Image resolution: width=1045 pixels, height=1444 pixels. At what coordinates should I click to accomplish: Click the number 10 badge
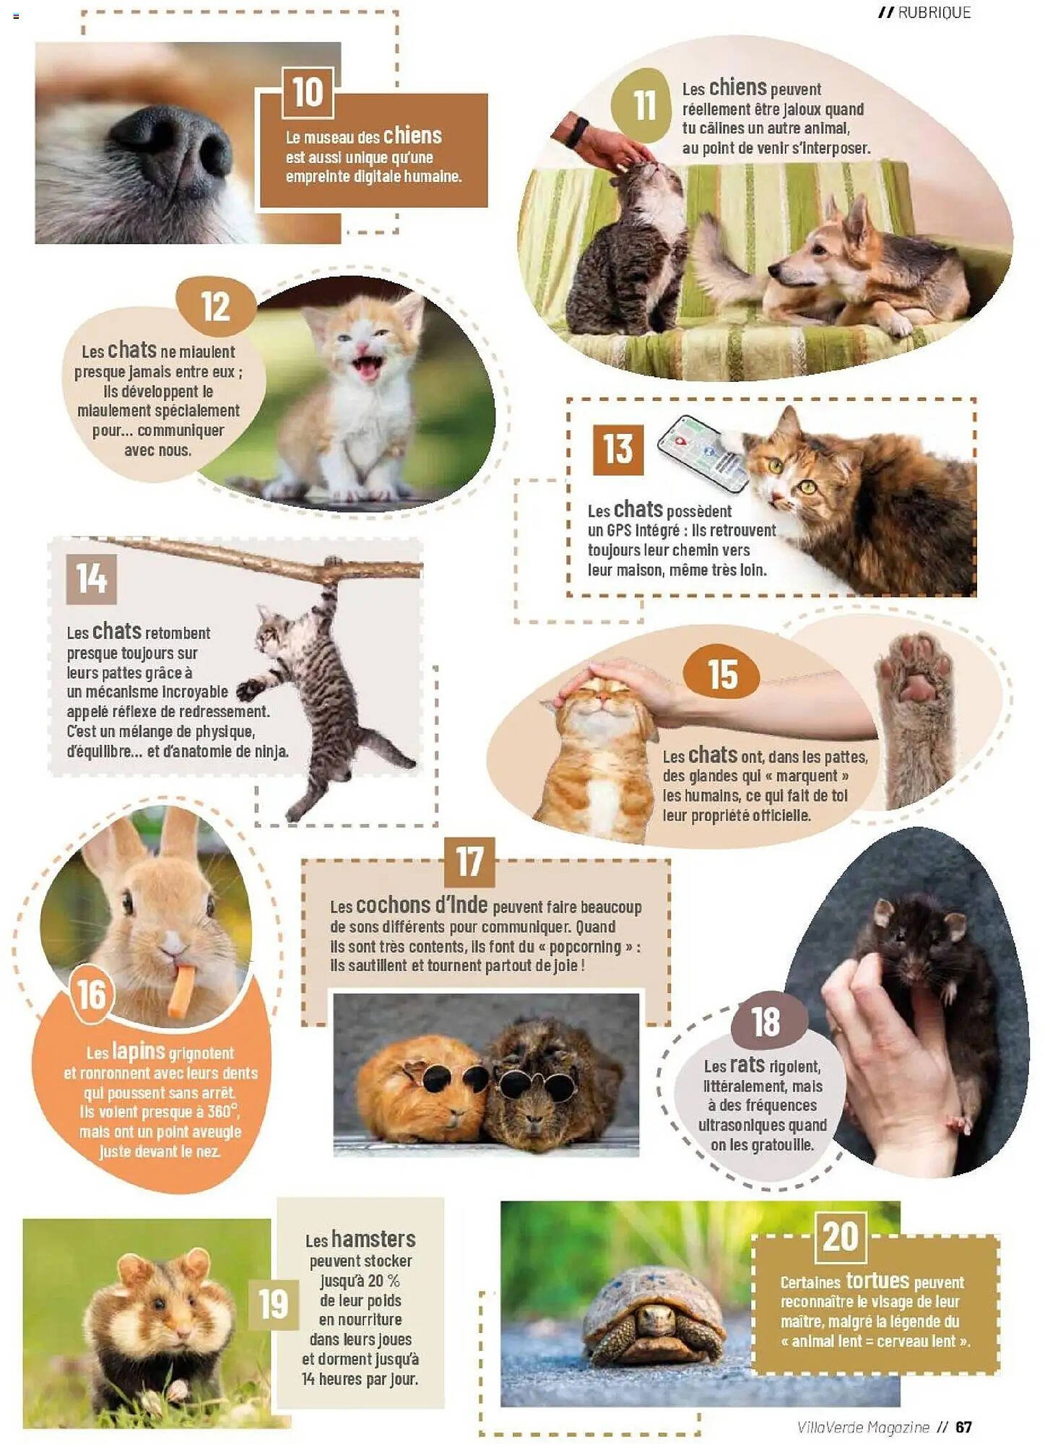[308, 93]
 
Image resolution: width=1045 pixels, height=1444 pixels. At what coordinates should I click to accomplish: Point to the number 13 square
[618, 449]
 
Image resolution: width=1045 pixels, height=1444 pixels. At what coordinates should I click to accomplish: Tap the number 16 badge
[92, 995]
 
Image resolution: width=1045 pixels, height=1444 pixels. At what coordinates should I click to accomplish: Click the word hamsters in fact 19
[373, 1240]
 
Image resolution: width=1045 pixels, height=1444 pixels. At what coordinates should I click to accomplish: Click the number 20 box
[841, 1236]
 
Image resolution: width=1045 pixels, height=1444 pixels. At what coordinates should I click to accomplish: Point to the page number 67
[963, 1427]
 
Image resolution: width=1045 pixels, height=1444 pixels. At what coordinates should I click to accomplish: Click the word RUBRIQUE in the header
[935, 12]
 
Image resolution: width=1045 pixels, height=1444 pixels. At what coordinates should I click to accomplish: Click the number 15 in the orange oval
[722, 674]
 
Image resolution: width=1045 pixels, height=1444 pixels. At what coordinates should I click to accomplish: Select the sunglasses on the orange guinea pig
[448, 1079]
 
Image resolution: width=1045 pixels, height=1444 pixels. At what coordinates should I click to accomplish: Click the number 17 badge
[469, 862]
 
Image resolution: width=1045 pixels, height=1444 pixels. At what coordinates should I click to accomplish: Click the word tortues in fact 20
[877, 1280]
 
